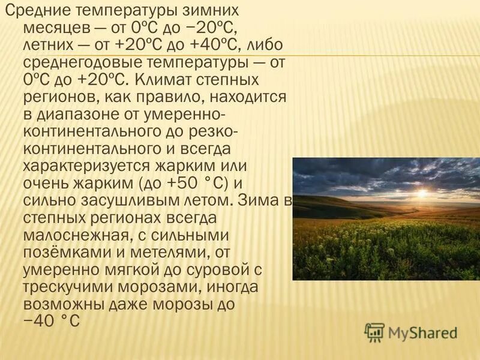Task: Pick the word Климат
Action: [x=162, y=80]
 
